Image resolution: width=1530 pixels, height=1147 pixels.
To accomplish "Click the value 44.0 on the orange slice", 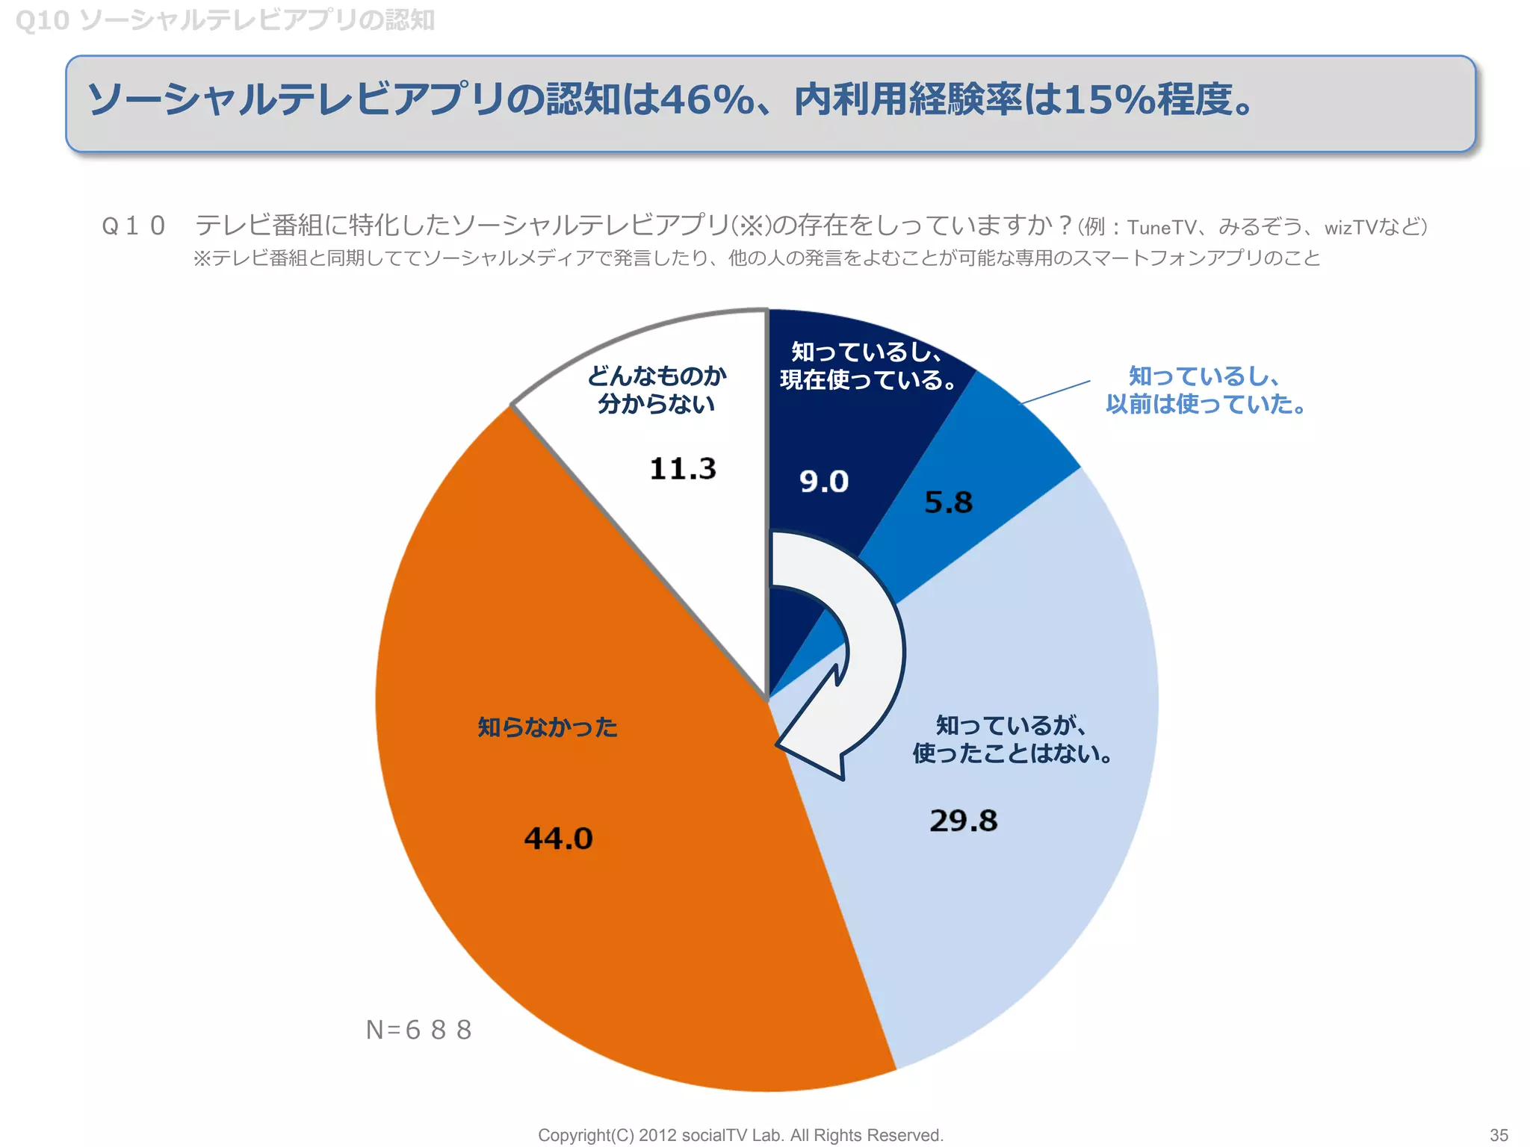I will [558, 838].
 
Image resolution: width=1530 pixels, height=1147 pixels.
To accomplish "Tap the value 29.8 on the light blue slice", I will [963, 821].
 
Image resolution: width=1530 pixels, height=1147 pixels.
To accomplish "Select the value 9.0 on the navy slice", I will [824, 481].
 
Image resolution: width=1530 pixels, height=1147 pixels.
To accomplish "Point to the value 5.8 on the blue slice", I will [948, 502].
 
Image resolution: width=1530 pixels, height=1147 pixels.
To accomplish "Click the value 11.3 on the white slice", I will [682, 469].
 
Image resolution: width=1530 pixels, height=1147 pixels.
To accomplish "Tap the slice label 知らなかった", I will [548, 727].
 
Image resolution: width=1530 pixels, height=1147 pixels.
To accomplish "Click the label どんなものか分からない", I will [656, 389].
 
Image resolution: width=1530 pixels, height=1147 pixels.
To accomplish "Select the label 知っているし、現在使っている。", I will [868, 365].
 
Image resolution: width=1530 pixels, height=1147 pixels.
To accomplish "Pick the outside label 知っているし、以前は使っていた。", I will [1205, 390].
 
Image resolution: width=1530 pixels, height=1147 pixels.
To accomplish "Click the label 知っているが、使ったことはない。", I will [1012, 739].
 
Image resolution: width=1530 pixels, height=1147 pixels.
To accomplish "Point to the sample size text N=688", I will [418, 1030].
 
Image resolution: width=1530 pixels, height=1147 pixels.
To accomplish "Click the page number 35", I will [1499, 1134].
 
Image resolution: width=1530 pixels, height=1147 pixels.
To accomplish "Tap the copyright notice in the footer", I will [740, 1135].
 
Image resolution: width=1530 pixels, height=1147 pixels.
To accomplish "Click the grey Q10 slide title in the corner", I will [224, 20].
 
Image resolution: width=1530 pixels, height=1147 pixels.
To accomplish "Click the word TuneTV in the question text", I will [1161, 227].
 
